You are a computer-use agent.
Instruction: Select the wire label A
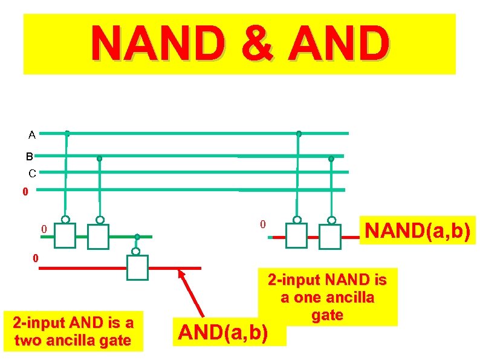click(31, 135)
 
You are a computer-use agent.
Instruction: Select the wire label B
click(29, 157)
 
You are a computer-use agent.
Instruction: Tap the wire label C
click(33, 174)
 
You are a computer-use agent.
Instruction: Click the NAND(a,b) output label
click(418, 231)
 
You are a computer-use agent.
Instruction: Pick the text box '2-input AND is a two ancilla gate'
click(73, 330)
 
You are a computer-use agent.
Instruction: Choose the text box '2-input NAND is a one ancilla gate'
click(328, 297)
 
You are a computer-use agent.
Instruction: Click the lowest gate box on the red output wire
click(137, 267)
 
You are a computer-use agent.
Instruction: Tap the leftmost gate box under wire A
click(65, 236)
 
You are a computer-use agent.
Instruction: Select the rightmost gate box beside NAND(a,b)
click(330, 237)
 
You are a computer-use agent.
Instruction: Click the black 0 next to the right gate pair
click(262, 224)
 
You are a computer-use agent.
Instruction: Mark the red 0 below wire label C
click(25, 192)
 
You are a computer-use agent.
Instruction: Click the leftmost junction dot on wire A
click(67, 133)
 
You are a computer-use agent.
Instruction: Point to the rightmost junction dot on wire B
click(331, 159)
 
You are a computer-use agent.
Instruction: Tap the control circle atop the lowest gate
click(136, 251)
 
